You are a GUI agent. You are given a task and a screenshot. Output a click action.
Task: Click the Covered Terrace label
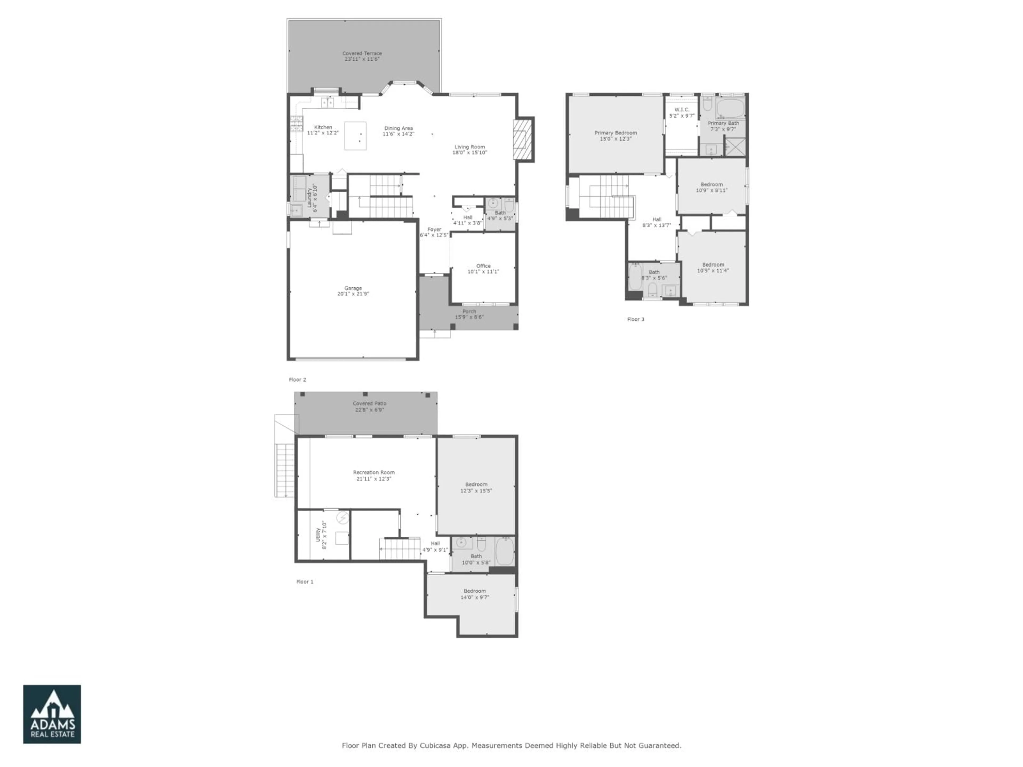tap(362, 54)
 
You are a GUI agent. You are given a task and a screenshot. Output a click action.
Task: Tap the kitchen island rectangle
tap(355, 136)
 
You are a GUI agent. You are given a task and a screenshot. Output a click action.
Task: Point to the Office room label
tap(483, 266)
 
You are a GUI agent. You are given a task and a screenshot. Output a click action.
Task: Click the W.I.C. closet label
tap(682, 109)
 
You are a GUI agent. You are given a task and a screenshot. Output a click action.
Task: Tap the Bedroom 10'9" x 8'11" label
tap(711, 185)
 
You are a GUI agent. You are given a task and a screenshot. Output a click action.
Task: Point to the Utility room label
tap(318, 535)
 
